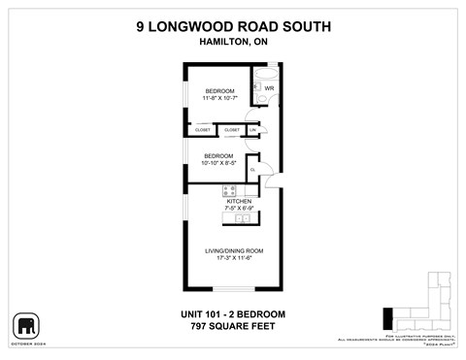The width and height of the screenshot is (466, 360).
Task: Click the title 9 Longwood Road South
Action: tap(232, 28)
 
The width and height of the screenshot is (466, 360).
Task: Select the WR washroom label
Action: tap(269, 88)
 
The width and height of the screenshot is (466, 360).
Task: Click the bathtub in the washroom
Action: tap(264, 73)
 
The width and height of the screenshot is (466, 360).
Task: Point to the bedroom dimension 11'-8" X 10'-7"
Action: tap(218, 97)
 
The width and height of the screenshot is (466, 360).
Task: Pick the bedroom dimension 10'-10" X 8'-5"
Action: tap(218, 161)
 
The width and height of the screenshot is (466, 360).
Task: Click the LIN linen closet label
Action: tap(253, 129)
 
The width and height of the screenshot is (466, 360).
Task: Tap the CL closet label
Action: tap(252, 170)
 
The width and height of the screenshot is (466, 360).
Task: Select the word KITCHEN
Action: tap(239, 201)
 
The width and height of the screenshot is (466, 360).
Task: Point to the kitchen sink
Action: tap(241, 219)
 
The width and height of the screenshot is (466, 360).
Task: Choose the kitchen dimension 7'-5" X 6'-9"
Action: tap(239, 208)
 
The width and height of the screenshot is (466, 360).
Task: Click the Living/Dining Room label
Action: tap(234, 250)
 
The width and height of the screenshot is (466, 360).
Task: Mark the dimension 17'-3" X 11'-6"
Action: tap(234, 257)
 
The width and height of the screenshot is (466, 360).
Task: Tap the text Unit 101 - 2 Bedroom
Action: tap(232, 314)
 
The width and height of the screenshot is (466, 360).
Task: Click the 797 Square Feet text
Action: tap(232, 326)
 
